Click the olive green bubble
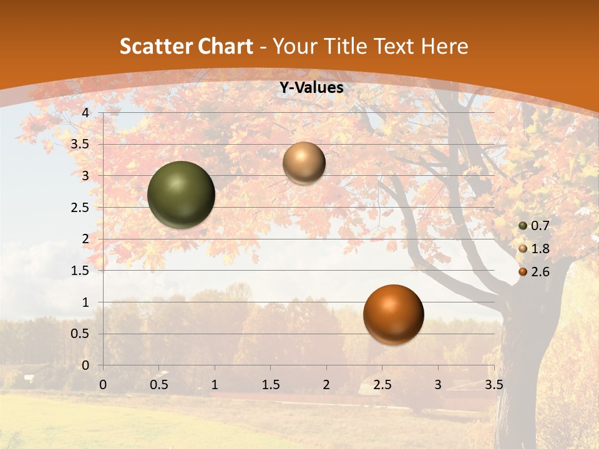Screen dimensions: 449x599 tap(182, 195)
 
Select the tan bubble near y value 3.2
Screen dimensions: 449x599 tap(304, 163)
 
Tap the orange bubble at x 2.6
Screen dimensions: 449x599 tap(393, 314)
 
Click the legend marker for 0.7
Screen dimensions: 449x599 tap(523, 226)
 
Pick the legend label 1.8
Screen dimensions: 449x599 tap(540, 249)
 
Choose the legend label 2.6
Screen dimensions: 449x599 tap(540, 272)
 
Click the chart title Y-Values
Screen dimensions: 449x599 tap(311, 88)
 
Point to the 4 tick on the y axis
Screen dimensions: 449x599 tap(85, 113)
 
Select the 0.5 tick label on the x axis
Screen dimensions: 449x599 tap(158, 385)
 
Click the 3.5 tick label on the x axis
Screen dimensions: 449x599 tap(494, 385)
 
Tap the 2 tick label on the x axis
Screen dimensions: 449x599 tap(326, 385)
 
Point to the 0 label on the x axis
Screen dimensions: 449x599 tap(103, 385)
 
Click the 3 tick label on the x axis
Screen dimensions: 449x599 tap(438, 385)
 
